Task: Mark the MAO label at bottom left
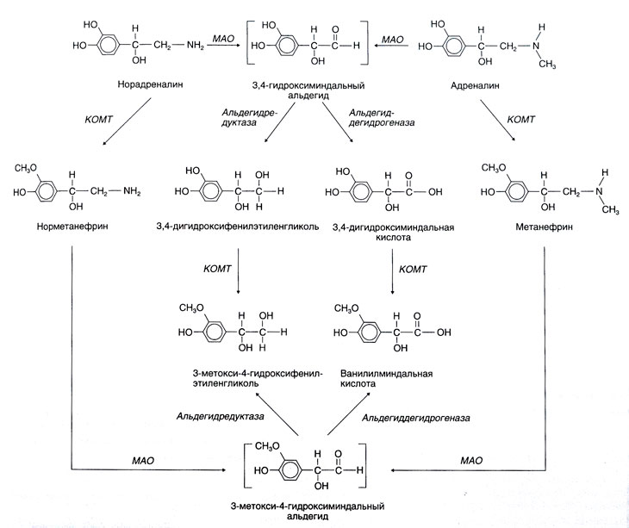[142, 463]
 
